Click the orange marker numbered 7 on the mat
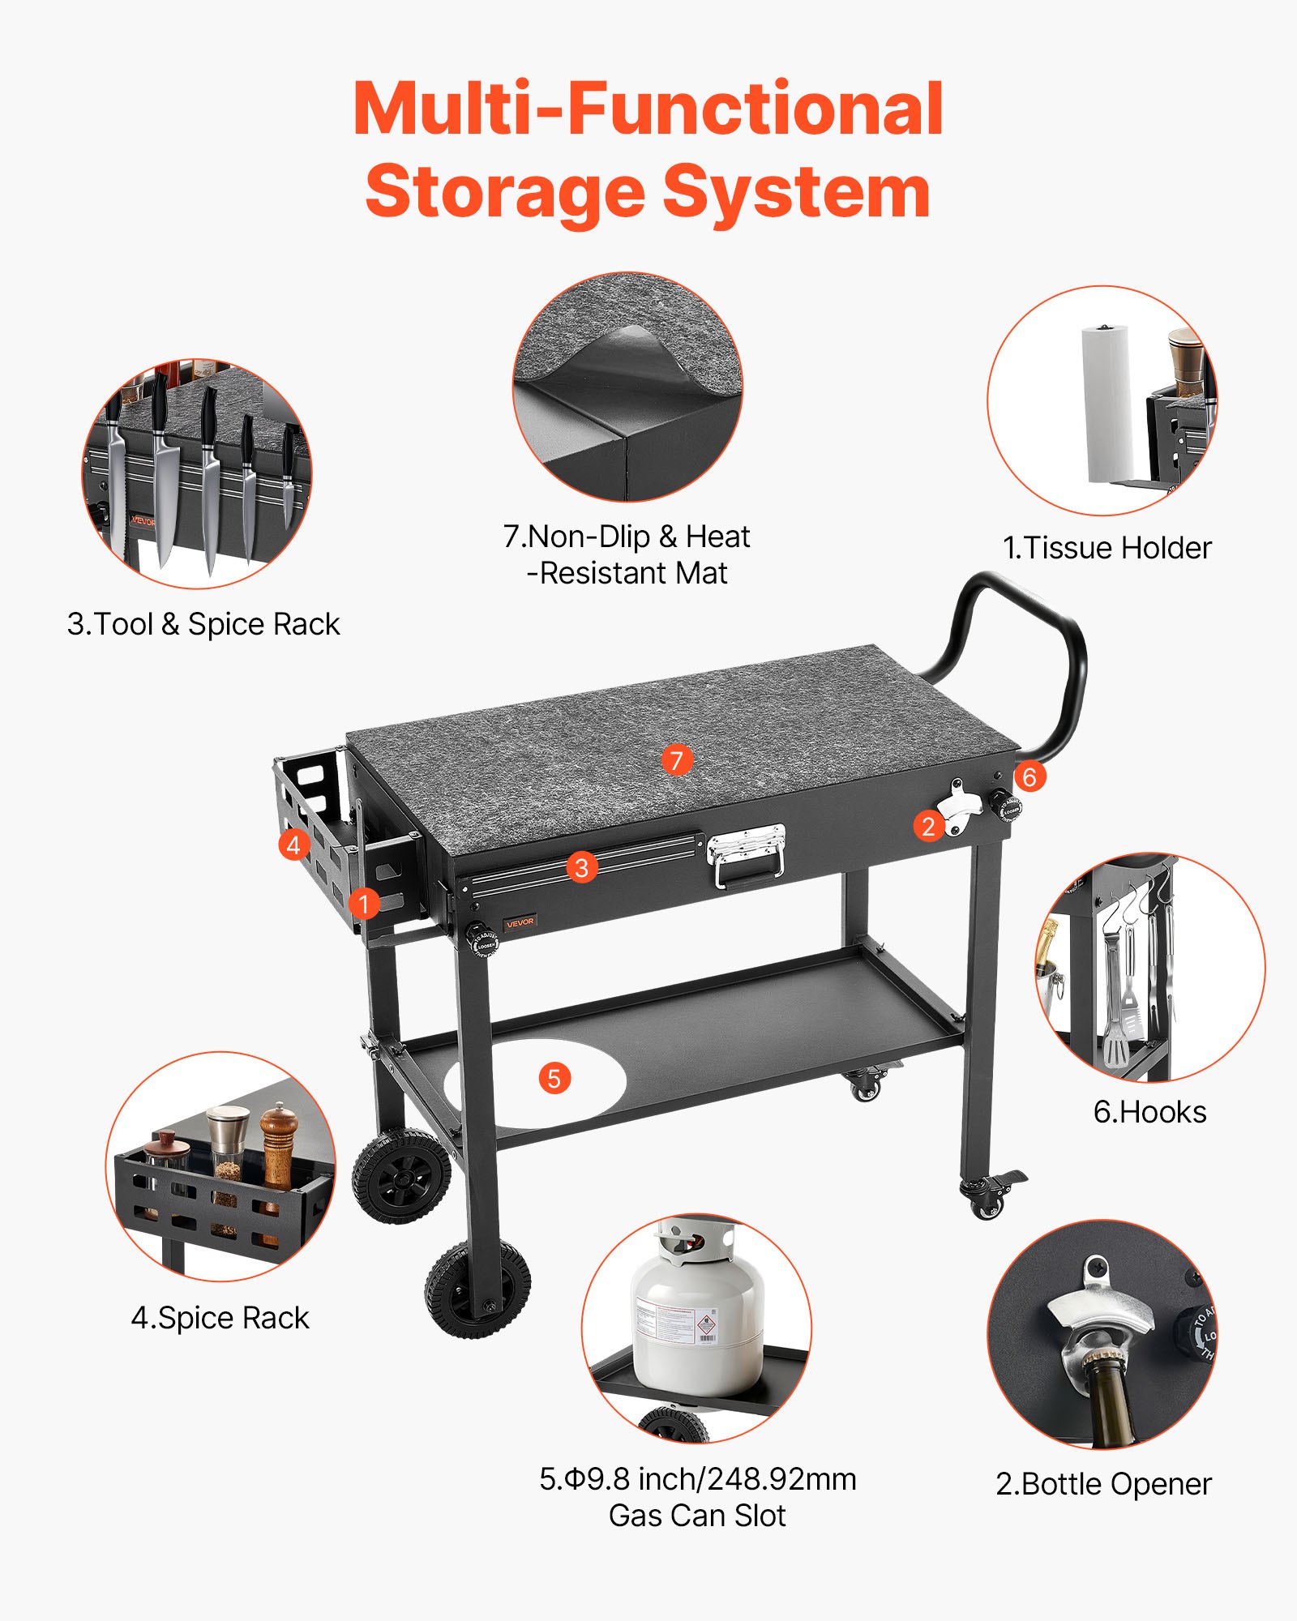click(677, 760)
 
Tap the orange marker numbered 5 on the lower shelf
click(554, 1079)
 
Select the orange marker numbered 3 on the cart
click(581, 868)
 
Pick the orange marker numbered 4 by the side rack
click(293, 845)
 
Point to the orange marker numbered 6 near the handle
click(1029, 777)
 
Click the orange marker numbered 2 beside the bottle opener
click(929, 827)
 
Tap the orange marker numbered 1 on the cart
click(364, 903)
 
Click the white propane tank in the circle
click(697, 1317)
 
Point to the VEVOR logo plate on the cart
click(520, 922)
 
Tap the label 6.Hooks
click(1149, 1112)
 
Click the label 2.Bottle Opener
click(1103, 1484)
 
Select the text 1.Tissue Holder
click(1107, 548)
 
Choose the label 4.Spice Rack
click(220, 1318)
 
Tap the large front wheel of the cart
click(478, 1289)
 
